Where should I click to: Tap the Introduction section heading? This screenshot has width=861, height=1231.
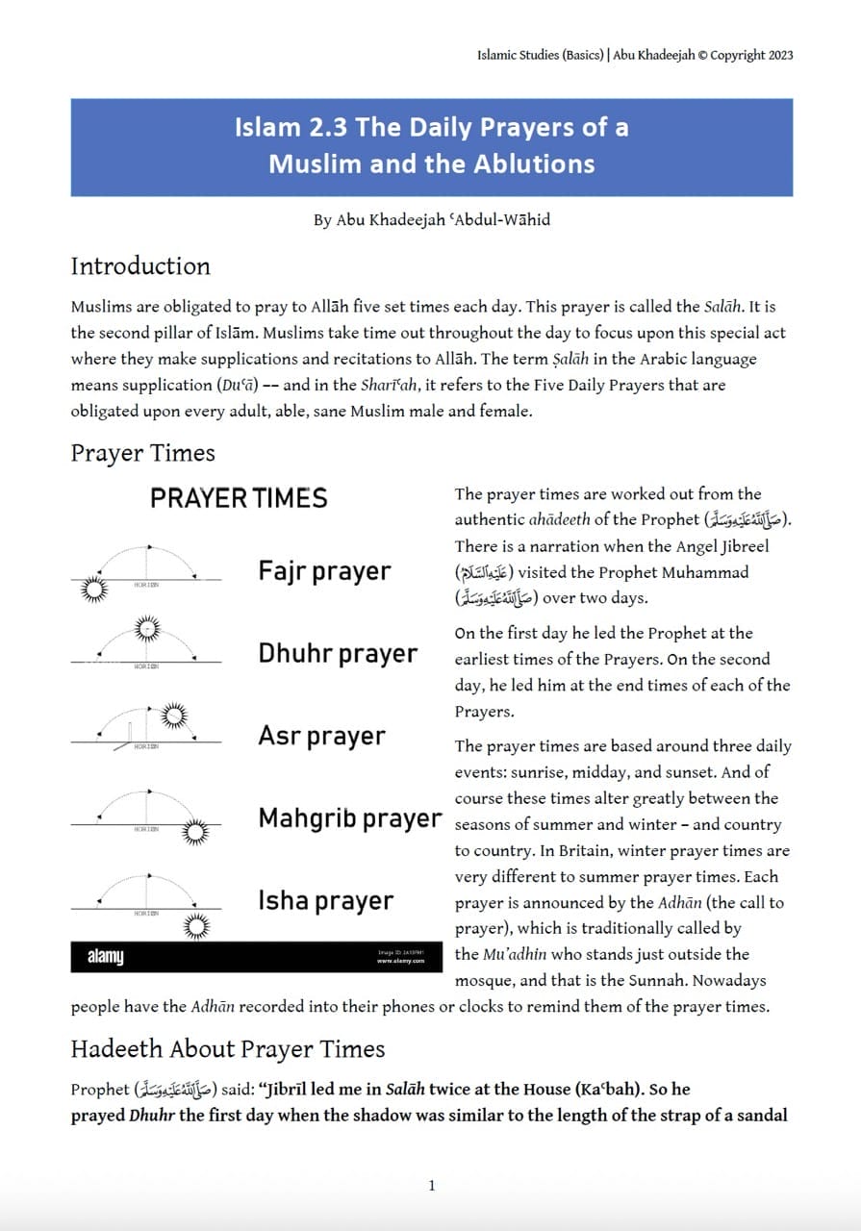[x=140, y=266]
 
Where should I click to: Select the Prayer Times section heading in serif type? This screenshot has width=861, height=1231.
[x=142, y=453]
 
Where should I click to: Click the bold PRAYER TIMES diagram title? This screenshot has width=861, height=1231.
[x=239, y=498]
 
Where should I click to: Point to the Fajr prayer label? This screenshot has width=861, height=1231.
[x=324, y=571]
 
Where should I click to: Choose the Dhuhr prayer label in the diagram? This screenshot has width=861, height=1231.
[x=338, y=654]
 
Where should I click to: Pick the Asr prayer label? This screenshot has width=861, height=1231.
[x=321, y=737]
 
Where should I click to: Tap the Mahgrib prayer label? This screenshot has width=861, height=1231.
[x=350, y=819]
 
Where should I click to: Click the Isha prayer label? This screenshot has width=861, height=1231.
[x=325, y=901]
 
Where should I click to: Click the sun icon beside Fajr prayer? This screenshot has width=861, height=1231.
[x=94, y=589]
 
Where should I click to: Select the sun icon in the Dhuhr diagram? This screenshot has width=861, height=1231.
[x=147, y=630]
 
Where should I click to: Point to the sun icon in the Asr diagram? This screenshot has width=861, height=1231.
[x=174, y=715]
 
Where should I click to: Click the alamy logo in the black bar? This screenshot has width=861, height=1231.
[x=106, y=958]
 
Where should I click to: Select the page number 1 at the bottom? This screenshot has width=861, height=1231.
[x=432, y=1186]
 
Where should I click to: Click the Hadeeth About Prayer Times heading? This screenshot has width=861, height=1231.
[x=228, y=1049]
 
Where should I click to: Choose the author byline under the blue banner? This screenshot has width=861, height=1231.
[x=432, y=220]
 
